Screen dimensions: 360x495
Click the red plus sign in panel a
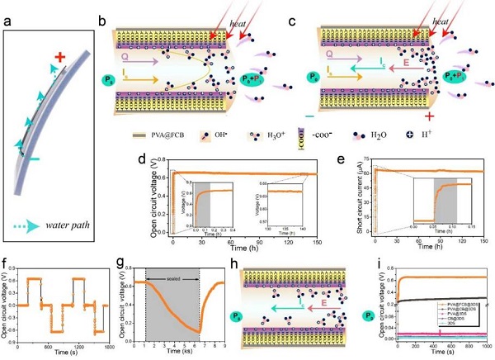pos(59,56)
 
